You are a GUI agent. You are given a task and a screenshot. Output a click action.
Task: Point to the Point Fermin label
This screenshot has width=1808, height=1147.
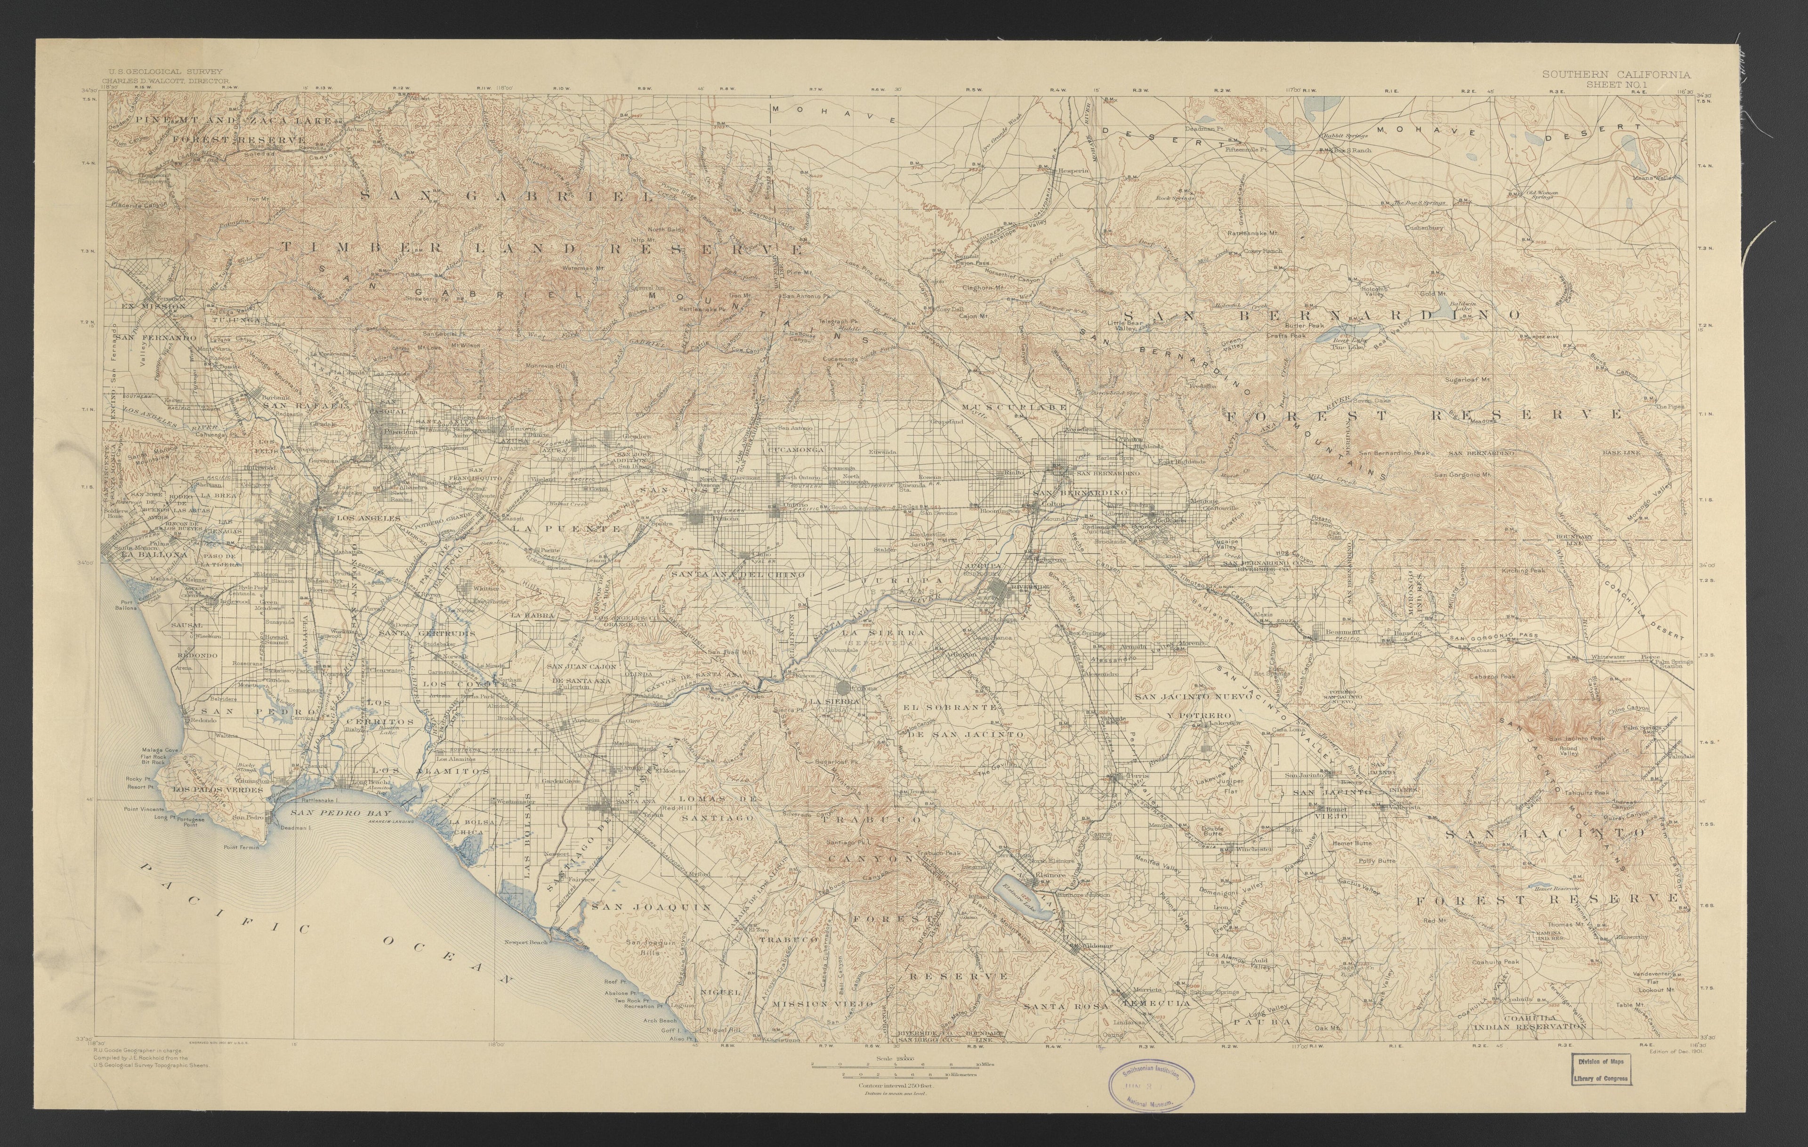pyautogui.click(x=240, y=847)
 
